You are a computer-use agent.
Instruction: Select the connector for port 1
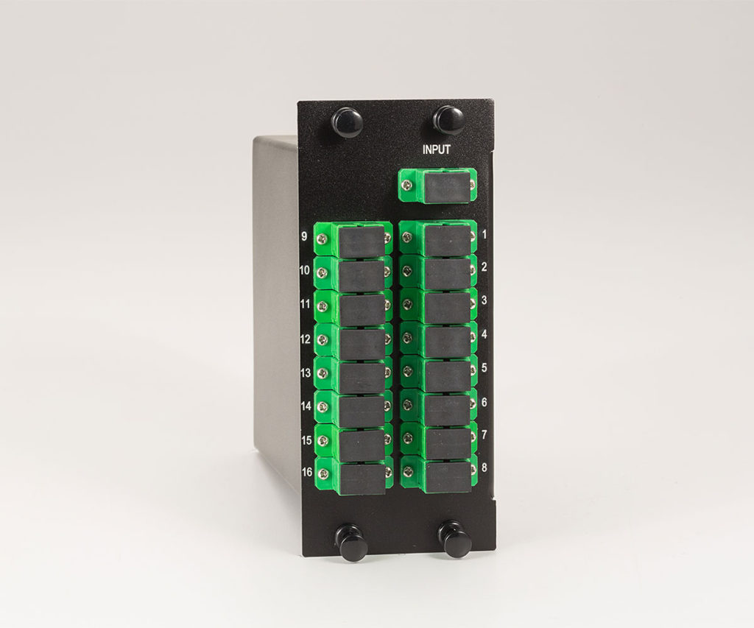point(439,239)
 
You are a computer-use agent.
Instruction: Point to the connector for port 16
point(353,476)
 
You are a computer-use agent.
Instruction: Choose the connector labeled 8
point(439,474)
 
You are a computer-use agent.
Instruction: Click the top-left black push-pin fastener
point(346,121)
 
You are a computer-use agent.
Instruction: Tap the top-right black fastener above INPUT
point(448,119)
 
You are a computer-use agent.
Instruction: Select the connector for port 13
point(353,375)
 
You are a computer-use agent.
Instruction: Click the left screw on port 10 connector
point(321,272)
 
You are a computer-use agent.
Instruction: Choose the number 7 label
point(484,434)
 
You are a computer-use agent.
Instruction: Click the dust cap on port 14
point(361,409)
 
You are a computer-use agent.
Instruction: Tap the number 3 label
point(484,300)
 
